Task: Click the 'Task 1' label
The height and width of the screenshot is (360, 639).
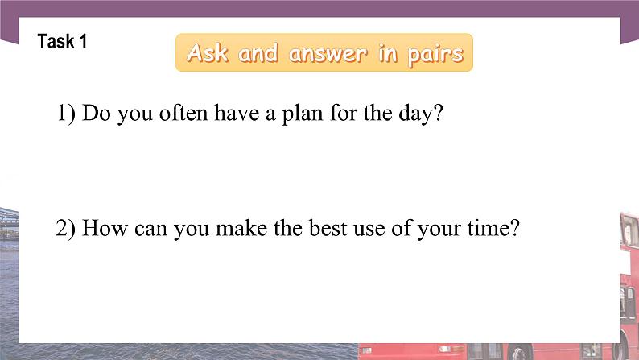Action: pos(62,42)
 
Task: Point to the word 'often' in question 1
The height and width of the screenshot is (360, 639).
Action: pos(181,114)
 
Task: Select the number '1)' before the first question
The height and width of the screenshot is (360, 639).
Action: pos(66,114)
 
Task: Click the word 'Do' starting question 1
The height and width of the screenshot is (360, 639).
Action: pos(96,114)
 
